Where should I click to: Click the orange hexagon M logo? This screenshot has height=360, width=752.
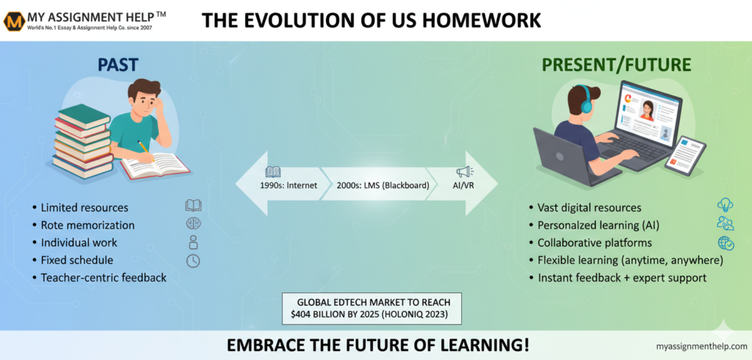pyautogui.click(x=13, y=21)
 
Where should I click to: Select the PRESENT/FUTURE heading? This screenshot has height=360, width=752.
pyautogui.click(x=617, y=65)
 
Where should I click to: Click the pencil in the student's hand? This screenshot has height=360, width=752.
pyautogui.click(x=146, y=151)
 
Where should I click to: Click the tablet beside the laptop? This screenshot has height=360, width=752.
pyautogui.click(x=685, y=156)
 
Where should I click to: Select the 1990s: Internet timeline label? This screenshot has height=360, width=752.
pyautogui.click(x=289, y=185)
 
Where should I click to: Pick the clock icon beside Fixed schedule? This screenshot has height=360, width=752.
pyautogui.click(x=193, y=261)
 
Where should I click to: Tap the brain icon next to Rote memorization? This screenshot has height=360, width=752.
pyautogui.click(x=193, y=223)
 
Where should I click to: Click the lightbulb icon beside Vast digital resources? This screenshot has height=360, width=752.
pyautogui.click(x=725, y=205)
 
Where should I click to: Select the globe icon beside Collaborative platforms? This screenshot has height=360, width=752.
pyautogui.click(x=726, y=243)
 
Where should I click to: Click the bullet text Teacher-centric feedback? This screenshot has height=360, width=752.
pyautogui.click(x=104, y=278)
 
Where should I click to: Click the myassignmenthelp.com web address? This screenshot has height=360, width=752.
pyautogui.click(x=701, y=346)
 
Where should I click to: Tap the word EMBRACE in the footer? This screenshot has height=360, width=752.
pyautogui.click(x=261, y=345)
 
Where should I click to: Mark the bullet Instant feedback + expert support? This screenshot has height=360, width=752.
pyautogui.click(x=622, y=278)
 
